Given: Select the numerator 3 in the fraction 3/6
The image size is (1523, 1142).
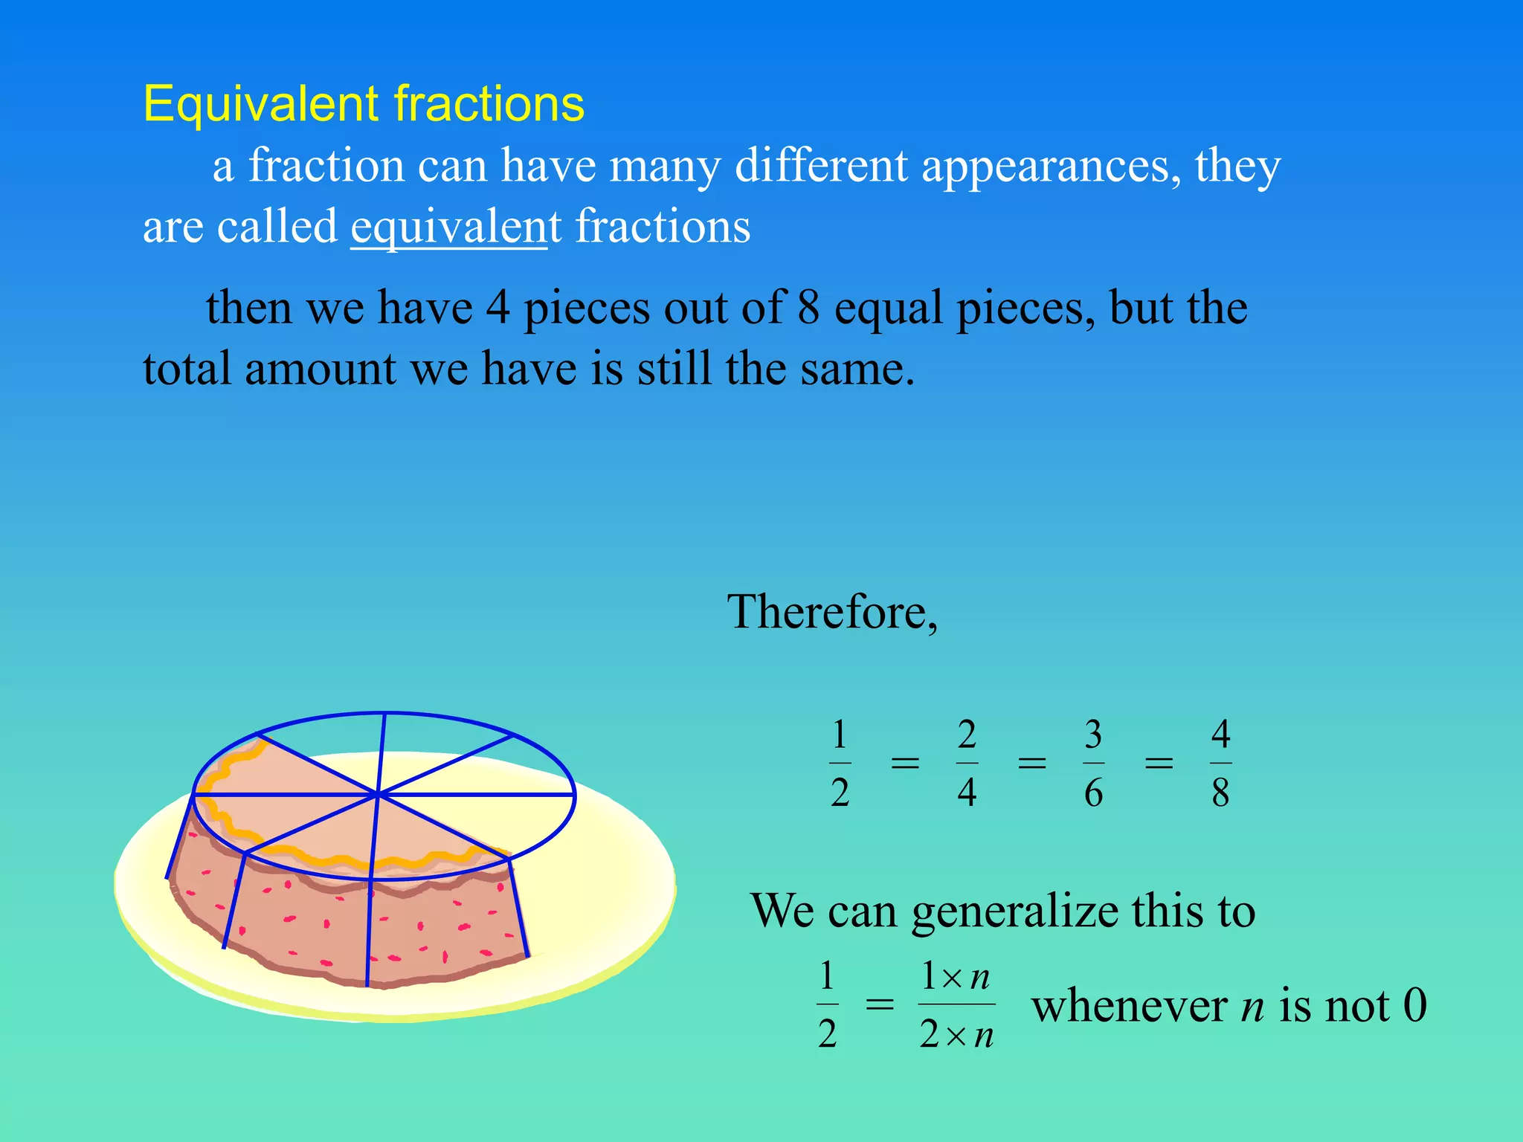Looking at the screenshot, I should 1092,735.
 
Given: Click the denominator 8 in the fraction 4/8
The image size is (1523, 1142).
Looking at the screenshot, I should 1220,793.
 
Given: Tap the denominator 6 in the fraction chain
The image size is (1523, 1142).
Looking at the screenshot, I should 1093,793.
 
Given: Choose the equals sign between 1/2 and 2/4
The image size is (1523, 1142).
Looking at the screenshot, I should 904,764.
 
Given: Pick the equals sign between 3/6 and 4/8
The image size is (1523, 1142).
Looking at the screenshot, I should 1158,764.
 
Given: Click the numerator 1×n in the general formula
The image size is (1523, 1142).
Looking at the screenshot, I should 956,976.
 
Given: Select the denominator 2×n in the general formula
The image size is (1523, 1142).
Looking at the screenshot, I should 956,1034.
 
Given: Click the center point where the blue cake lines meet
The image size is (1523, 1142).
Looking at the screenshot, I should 379,795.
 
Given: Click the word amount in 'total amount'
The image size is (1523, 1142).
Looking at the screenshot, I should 320,369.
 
